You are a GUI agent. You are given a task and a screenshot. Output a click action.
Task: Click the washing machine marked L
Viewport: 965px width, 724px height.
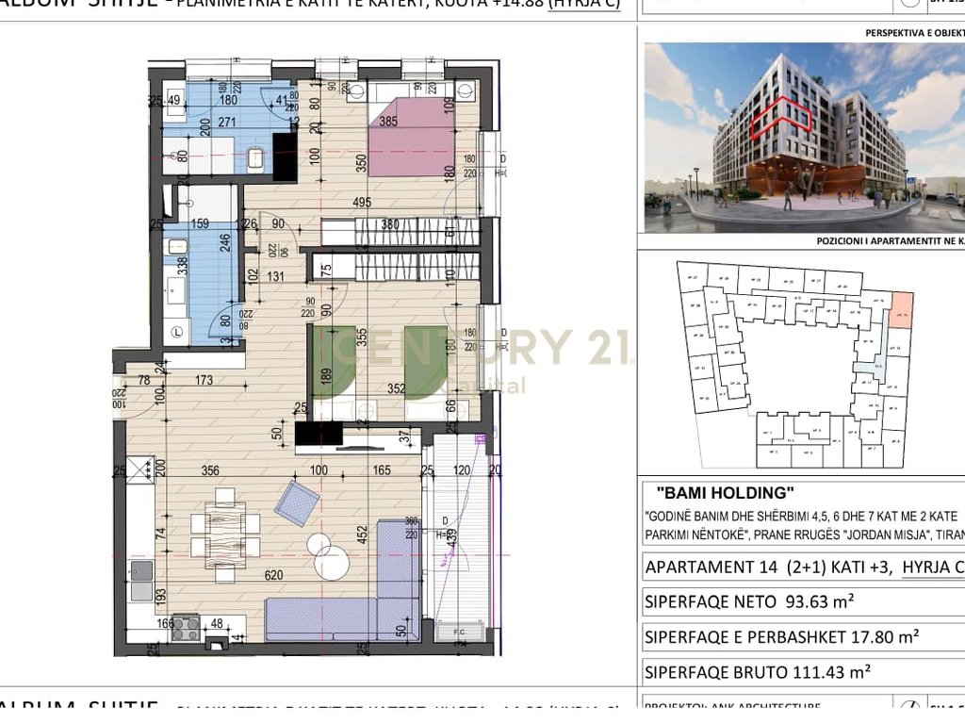click(x=177, y=332)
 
